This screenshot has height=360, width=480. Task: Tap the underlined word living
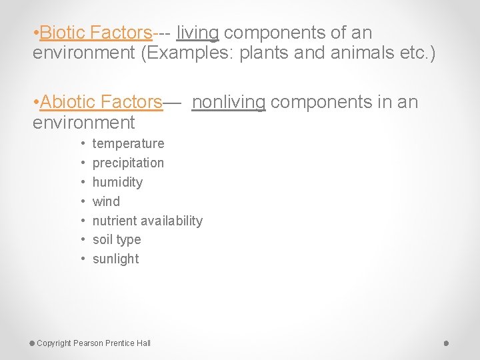[197, 32]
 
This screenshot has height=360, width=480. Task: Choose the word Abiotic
[67, 102]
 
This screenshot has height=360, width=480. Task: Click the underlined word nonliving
[229, 102]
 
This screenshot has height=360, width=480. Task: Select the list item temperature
[128, 143]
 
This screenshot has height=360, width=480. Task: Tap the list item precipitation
[128, 163]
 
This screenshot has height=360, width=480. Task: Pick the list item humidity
[117, 182]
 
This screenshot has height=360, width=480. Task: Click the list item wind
[106, 201]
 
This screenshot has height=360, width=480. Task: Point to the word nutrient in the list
[113, 221]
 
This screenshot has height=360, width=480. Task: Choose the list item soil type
[117, 239]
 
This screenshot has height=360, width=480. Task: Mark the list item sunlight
[115, 259]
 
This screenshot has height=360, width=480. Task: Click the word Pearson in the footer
[88, 343]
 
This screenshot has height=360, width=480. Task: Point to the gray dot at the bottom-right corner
[447, 343]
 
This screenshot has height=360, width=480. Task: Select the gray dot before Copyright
[32, 343]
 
